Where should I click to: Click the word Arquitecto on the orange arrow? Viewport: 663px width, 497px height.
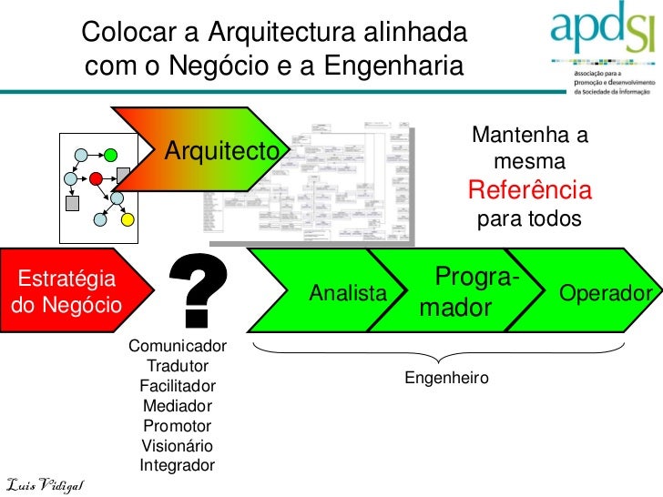220,151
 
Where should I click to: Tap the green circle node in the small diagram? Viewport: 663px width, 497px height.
111,154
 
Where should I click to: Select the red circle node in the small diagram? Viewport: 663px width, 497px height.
96,177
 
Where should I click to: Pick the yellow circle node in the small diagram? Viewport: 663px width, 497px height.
128,218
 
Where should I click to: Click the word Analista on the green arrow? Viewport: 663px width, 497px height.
347,293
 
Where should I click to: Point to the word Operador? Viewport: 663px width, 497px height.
606,293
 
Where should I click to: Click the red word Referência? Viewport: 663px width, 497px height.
529,191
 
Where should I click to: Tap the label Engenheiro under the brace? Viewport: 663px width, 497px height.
446,377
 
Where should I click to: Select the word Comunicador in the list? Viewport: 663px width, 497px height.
178,346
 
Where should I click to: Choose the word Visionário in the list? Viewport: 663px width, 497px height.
178,446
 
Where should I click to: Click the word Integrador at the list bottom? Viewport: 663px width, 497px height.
178,466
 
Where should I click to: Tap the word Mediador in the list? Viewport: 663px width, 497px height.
178,406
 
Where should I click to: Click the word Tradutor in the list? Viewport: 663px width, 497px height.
178,366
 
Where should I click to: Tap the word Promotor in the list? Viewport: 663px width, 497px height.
178,426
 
